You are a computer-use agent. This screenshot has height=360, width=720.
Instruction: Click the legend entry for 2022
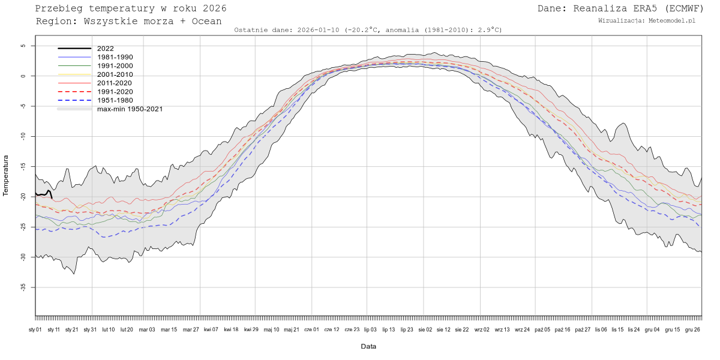[x=105, y=49]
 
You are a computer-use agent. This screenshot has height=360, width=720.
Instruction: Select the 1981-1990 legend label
[x=115, y=57]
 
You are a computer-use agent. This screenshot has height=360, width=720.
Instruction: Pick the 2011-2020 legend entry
[x=115, y=83]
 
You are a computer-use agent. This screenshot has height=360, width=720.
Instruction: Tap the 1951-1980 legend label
[x=115, y=100]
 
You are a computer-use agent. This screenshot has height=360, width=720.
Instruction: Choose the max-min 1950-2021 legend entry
[x=130, y=109]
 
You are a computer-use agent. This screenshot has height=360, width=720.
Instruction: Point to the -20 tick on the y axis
[x=22, y=197]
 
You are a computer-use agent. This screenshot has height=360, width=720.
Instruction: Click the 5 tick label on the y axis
[x=23, y=46]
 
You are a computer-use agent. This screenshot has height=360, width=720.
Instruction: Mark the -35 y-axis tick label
[x=22, y=287]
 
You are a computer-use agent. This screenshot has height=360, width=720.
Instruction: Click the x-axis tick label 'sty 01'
[x=35, y=329]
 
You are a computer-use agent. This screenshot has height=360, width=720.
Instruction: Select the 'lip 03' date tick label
[x=370, y=329]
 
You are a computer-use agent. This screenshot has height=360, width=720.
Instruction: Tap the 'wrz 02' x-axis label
[x=482, y=329]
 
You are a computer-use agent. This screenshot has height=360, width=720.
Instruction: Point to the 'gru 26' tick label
[x=692, y=329]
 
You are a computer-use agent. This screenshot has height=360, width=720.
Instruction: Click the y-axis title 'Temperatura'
[x=7, y=176]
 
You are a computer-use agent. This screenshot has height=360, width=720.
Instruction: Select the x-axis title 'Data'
[x=368, y=346]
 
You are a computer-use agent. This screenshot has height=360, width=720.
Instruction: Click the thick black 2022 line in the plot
[x=42, y=194]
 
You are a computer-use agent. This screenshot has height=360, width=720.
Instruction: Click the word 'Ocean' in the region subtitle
[x=208, y=21]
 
